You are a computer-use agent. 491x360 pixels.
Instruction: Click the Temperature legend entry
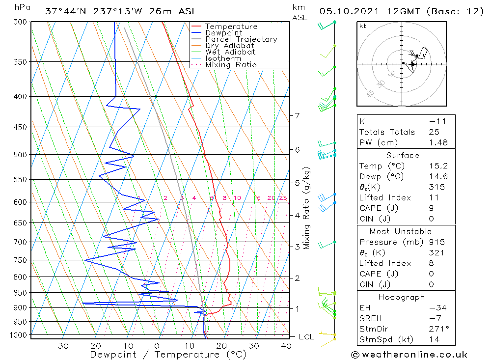(231, 27)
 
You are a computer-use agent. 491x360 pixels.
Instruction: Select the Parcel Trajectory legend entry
(241, 39)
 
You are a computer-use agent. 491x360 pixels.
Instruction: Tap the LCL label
(306, 337)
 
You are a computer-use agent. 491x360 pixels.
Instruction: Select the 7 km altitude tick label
(297, 115)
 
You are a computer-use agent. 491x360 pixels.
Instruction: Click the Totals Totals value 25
(434, 132)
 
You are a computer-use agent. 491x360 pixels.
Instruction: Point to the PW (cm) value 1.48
(437, 142)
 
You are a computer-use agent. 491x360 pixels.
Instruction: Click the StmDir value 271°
(437, 329)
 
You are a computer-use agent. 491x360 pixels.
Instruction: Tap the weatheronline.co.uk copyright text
(409, 354)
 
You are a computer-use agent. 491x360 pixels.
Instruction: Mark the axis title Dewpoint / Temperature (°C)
(168, 355)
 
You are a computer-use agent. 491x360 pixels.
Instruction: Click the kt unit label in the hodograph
(363, 26)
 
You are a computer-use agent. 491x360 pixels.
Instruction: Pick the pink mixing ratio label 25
(283, 198)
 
